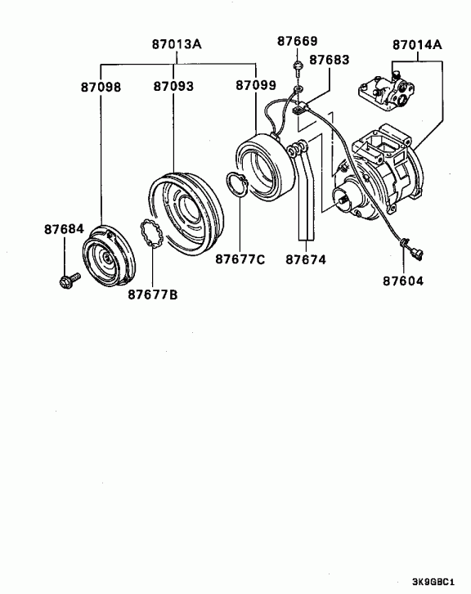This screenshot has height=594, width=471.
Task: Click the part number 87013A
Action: [x=177, y=44]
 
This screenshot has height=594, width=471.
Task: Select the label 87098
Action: [x=101, y=87]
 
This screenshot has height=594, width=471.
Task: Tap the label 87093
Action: [x=173, y=87]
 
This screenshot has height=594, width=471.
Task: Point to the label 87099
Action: [x=256, y=85]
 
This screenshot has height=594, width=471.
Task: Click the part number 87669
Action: [x=297, y=41]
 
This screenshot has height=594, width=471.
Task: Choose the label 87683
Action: [x=329, y=60]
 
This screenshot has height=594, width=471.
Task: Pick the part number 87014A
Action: [x=417, y=45]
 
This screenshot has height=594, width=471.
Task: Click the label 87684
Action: [x=64, y=229]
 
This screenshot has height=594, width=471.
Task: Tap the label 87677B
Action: [x=152, y=295]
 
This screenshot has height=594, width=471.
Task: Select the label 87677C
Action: [x=240, y=259]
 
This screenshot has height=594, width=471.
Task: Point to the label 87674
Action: [x=306, y=259]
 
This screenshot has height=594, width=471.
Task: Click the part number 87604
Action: [x=403, y=281]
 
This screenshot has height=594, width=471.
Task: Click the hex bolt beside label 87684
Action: [x=70, y=281]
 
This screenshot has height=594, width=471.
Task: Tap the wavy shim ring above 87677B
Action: [x=151, y=234]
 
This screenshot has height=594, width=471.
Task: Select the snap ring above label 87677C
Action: [x=237, y=184]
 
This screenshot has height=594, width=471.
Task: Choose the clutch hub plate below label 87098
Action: [x=108, y=256]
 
